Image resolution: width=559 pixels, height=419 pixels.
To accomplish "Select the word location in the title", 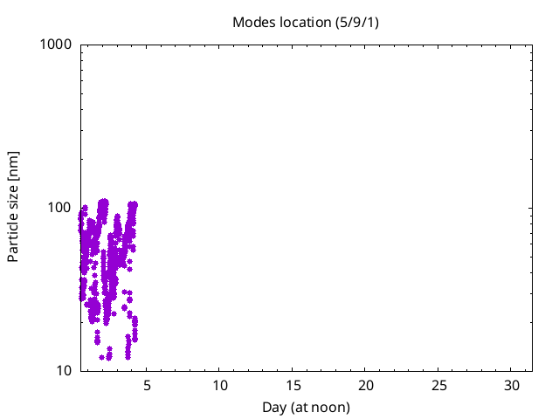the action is [306, 23].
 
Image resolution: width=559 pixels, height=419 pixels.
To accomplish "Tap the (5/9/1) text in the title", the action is [357, 23].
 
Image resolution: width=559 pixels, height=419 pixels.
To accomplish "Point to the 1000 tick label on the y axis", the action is [56, 45].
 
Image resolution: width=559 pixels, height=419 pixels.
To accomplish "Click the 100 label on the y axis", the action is [60, 208].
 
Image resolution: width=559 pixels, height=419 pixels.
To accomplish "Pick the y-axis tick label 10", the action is [64, 371].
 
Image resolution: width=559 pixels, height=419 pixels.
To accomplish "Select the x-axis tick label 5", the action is [147, 386].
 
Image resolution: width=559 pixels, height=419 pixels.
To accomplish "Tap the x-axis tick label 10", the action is [220, 386].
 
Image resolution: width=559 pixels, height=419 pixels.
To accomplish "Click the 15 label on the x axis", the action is [293, 386].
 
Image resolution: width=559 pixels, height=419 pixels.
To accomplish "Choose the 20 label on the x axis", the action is [366, 386].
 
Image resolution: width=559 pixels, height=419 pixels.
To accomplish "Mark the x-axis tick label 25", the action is [438, 386].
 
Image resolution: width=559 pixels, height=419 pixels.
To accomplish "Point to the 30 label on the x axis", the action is [512, 386].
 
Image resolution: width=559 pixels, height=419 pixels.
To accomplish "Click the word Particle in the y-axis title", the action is [12, 240].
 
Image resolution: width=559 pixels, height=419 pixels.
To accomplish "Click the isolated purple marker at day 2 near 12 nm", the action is [101, 357].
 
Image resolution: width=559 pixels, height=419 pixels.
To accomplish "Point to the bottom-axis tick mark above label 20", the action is [365, 368].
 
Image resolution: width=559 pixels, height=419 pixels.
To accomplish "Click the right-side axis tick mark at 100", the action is [529, 208].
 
